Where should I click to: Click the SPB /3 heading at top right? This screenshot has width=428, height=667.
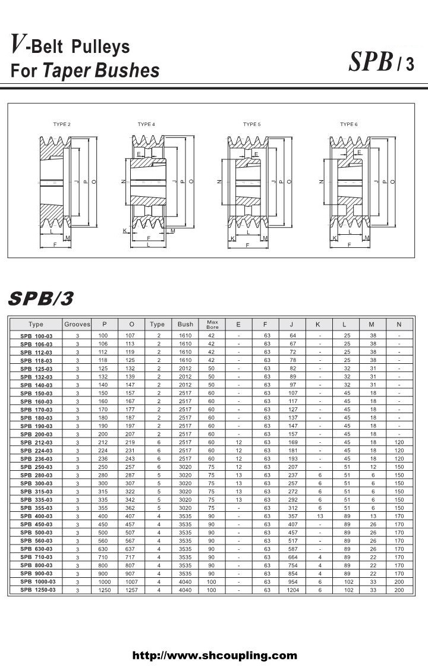coord(381,62)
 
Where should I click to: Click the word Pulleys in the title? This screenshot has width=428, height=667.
coord(100,47)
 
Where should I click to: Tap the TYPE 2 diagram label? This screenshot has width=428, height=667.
coord(62,124)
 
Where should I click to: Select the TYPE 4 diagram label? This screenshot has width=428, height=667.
coord(146,124)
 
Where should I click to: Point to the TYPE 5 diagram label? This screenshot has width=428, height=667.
coord(251,124)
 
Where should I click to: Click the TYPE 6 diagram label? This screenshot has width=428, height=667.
coord(349,124)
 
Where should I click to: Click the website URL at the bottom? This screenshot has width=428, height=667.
coord(214,656)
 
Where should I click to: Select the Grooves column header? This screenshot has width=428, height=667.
coord(77,325)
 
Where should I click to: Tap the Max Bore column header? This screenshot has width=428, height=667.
coord(212,325)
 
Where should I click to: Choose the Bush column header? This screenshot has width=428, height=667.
coord(185,325)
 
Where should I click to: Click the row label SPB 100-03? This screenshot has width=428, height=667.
coord(36,336)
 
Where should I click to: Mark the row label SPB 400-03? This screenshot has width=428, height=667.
coord(36,516)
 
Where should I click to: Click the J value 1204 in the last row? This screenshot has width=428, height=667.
coord(292,590)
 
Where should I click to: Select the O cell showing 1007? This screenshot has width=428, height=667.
coord(131,581)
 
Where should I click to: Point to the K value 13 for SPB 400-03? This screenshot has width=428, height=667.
coord(320,516)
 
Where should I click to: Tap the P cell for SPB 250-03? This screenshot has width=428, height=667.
coord(105,467)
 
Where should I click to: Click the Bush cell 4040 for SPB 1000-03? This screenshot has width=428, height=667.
coord(185,581)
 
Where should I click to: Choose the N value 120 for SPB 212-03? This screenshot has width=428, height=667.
coord(399,442)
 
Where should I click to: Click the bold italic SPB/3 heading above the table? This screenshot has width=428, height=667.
coord(41,299)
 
